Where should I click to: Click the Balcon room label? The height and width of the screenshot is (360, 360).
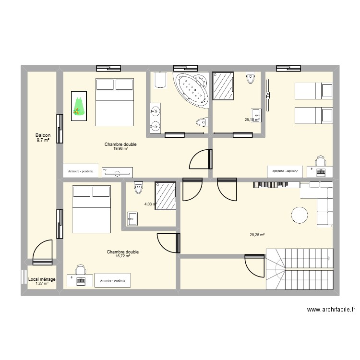tap(43, 135)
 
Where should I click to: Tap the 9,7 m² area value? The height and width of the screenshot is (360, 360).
tap(43, 140)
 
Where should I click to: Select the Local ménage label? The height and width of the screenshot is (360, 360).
tap(42, 279)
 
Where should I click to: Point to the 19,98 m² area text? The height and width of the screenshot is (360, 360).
tap(120, 149)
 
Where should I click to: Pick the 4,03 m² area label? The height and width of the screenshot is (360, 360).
tap(150, 204)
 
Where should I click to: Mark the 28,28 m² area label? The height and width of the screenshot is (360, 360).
tap(257, 235)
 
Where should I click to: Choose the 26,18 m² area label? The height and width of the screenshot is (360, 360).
tap(252, 120)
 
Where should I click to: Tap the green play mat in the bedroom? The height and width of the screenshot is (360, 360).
tap(79, 106)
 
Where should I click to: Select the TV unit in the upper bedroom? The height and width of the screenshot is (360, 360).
tap(117, 171)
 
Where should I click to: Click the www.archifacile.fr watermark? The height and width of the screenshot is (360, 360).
tap(329, 311)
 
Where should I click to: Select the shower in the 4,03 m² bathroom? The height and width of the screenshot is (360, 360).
tap(166, 195)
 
